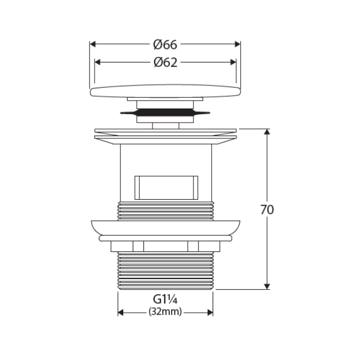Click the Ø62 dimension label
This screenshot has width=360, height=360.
click(165, 62)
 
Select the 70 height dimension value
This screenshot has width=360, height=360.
click(267, 210)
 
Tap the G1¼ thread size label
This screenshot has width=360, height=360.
click(165, 300)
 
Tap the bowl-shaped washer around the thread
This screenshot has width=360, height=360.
click(165, 228)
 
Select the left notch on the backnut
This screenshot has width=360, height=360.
click(138, 246)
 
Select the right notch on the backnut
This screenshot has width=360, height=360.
click(193, 246)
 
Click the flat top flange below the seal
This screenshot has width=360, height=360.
click(165, 133)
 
